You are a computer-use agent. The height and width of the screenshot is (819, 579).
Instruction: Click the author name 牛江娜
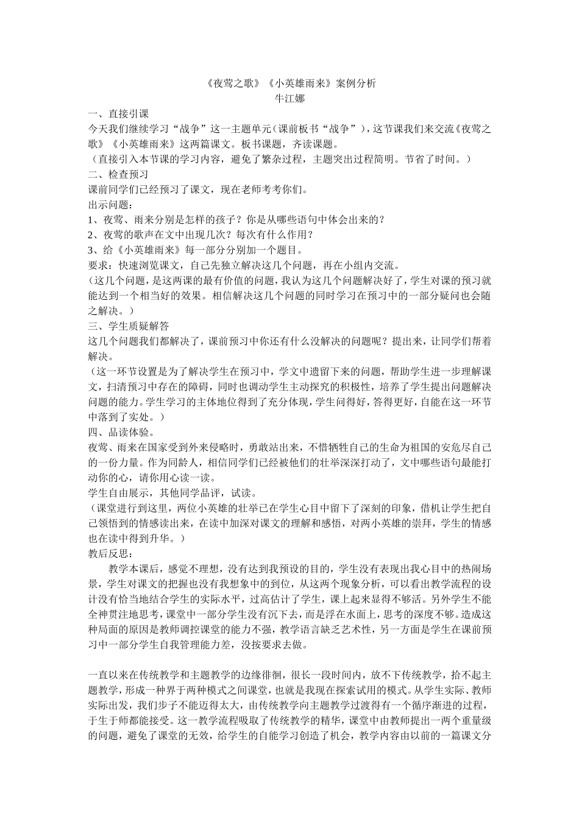(x=289, y=97)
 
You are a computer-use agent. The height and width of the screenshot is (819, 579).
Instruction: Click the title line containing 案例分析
(x=289, y=83)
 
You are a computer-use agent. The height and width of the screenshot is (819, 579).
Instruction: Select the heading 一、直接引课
(x=118, y=113)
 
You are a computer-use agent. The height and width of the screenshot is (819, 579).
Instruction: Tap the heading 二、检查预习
(x=118, y=174)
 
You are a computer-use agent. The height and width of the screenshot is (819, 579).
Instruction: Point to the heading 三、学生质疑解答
(x=129, y=325)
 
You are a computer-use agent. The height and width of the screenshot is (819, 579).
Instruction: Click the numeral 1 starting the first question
(x=91, y=219)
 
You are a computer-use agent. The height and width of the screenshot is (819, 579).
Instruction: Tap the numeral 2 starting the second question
(x=91, y=235)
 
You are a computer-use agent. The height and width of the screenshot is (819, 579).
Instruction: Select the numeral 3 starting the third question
(x=91, y=250)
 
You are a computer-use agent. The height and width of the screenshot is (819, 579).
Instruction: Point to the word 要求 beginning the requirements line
(x=98, y=265)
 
